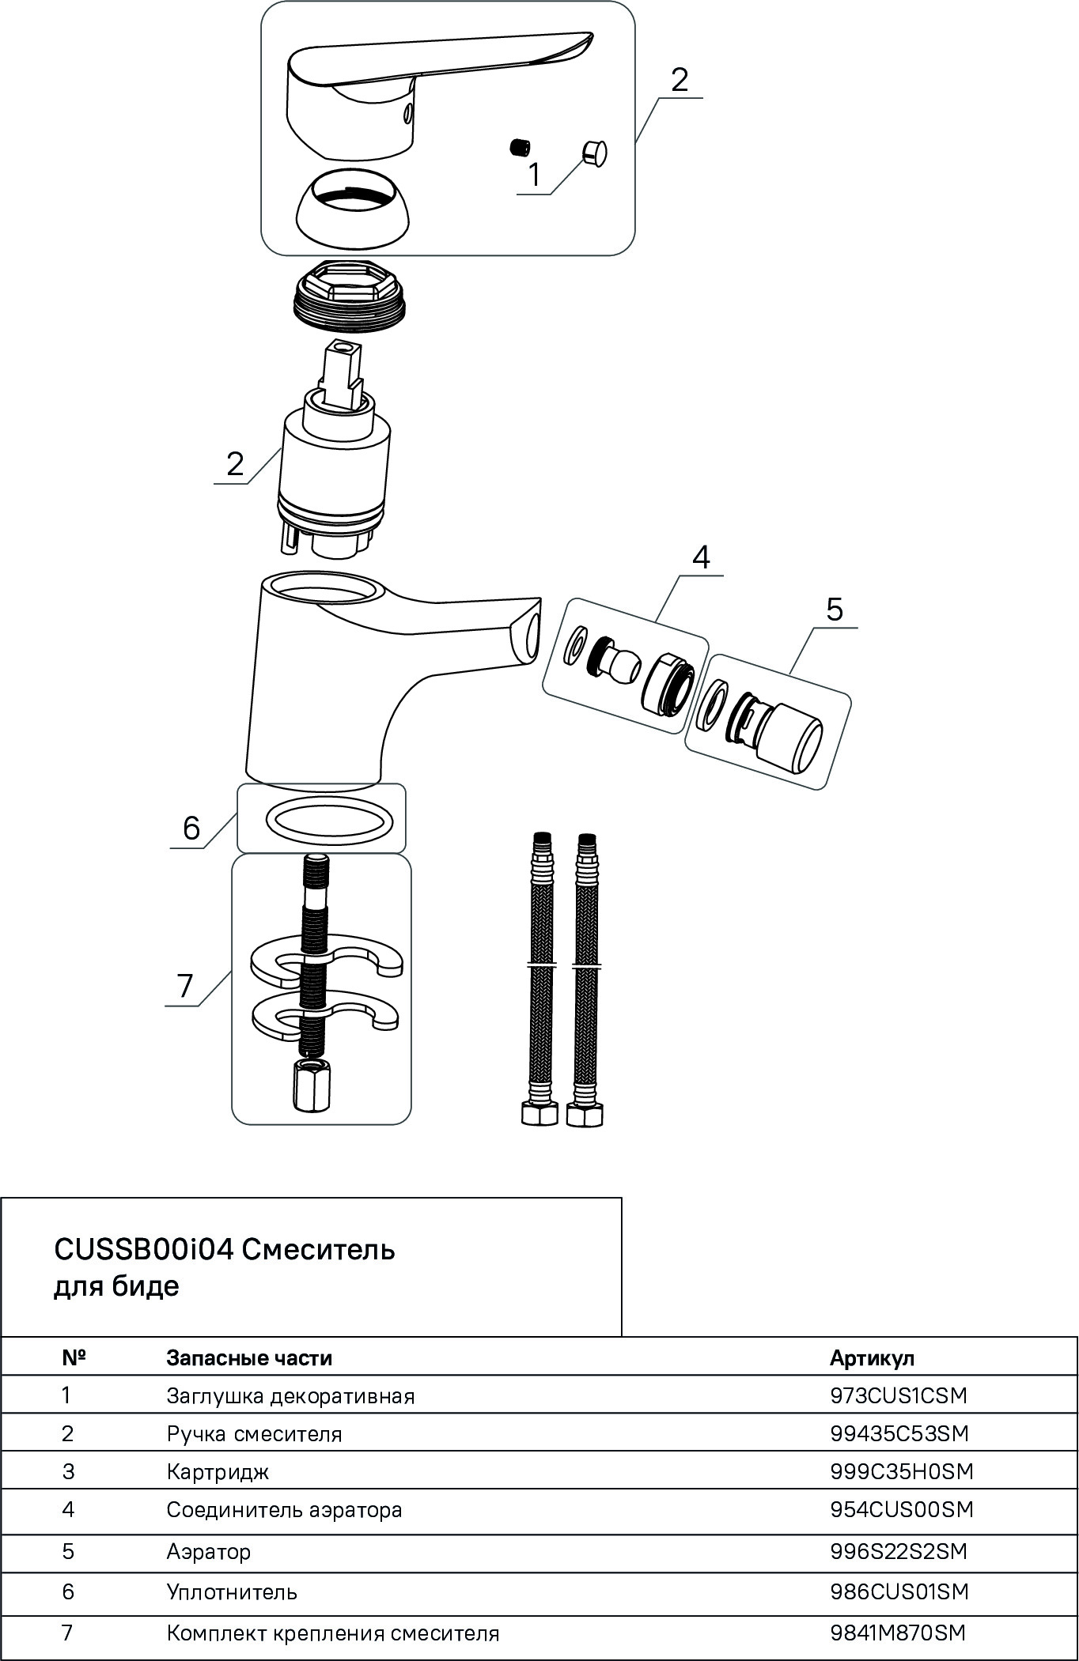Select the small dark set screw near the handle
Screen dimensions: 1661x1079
(x=519, y=146)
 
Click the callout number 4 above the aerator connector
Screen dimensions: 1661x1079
(x=700, y=557)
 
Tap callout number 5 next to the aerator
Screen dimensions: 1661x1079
(x=834, y=610)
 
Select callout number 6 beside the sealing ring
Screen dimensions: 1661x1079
(x=192, y=829)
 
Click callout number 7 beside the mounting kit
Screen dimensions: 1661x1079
(x=185, y=986)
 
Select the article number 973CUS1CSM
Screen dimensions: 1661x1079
(x=899, y=1395)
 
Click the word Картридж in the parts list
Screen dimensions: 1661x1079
(x=218, y=1471)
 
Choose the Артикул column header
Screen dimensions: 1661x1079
(x=872, y=1358)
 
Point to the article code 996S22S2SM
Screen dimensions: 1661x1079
(x=899, y=1550)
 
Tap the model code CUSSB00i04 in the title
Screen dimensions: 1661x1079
(x=142, y=1250)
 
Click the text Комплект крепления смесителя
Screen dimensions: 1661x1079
(x=333, y=1633)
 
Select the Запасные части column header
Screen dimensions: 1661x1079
(x=249, y=1358)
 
